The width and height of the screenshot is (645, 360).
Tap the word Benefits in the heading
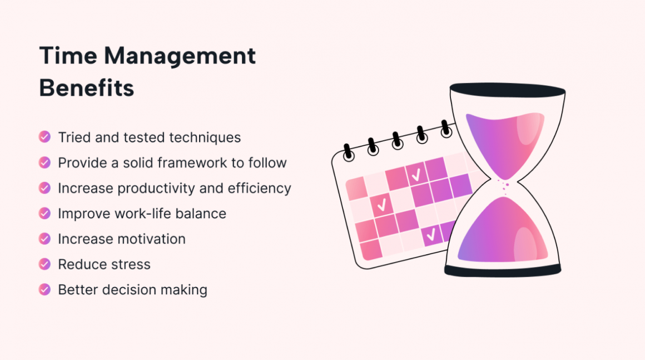pyautogui.click(x=87, y=88)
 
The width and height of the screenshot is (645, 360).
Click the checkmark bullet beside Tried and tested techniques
pyautogui.click(x=44, y=137)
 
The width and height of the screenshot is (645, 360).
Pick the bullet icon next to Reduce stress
pyautogui.click(x=44, y=264)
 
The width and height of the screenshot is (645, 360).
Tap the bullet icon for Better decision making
pyautogui.click(x=44, y=289)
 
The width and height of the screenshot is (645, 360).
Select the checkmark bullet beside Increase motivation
pyautogui.click(x=44, y=239)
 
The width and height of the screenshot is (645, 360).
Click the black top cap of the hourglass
pyautogui.click(x=507, y=90)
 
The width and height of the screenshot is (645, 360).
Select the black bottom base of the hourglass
pyautogui.click(x=503, y=271)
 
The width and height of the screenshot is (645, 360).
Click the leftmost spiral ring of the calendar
pyautogui.click(x=348, y=151)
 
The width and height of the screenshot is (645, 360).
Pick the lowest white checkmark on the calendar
pyautogui.click(x=430, y=236)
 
